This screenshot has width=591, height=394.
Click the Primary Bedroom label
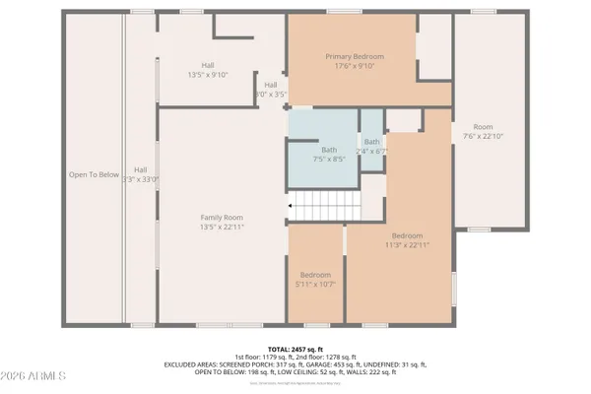point(355,57)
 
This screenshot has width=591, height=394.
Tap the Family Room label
point(222,218)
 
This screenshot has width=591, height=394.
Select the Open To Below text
point(94,174)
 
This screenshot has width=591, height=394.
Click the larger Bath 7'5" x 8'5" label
point(321,149)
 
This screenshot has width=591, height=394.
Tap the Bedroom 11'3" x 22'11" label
point(408,236)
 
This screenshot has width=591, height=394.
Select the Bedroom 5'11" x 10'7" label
point(315,275)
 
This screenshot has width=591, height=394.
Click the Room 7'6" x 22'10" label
point(483,127)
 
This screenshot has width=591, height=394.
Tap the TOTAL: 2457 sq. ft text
point(295,349)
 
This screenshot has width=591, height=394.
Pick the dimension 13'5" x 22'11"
point(222,228)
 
